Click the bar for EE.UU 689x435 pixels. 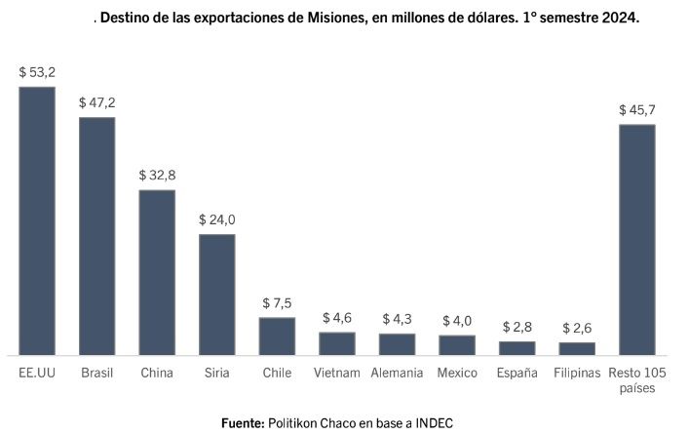(x=37, y=220)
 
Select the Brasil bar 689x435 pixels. (x=97, y=235)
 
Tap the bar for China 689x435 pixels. (x=157, y=271)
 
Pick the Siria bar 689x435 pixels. (x=217, y=294)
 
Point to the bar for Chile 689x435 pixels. (x=277, y=336)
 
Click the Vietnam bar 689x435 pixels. (x=337, y=342)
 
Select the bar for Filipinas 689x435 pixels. (x=577, y=347)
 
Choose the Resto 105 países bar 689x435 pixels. (x=637, y=239)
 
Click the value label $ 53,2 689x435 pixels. (x=37, y=72)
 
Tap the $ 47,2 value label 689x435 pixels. (x=97, y=102)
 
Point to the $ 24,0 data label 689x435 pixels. (x=217, y=219)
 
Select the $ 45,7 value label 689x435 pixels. (x=637, y=109)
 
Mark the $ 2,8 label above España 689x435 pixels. (x=517, y=326)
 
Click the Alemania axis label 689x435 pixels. (x=397, y=373)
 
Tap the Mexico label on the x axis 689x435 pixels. (x=457, y=373)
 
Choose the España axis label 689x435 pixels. (x=517, y=373)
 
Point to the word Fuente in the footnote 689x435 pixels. (x=244, y=422)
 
